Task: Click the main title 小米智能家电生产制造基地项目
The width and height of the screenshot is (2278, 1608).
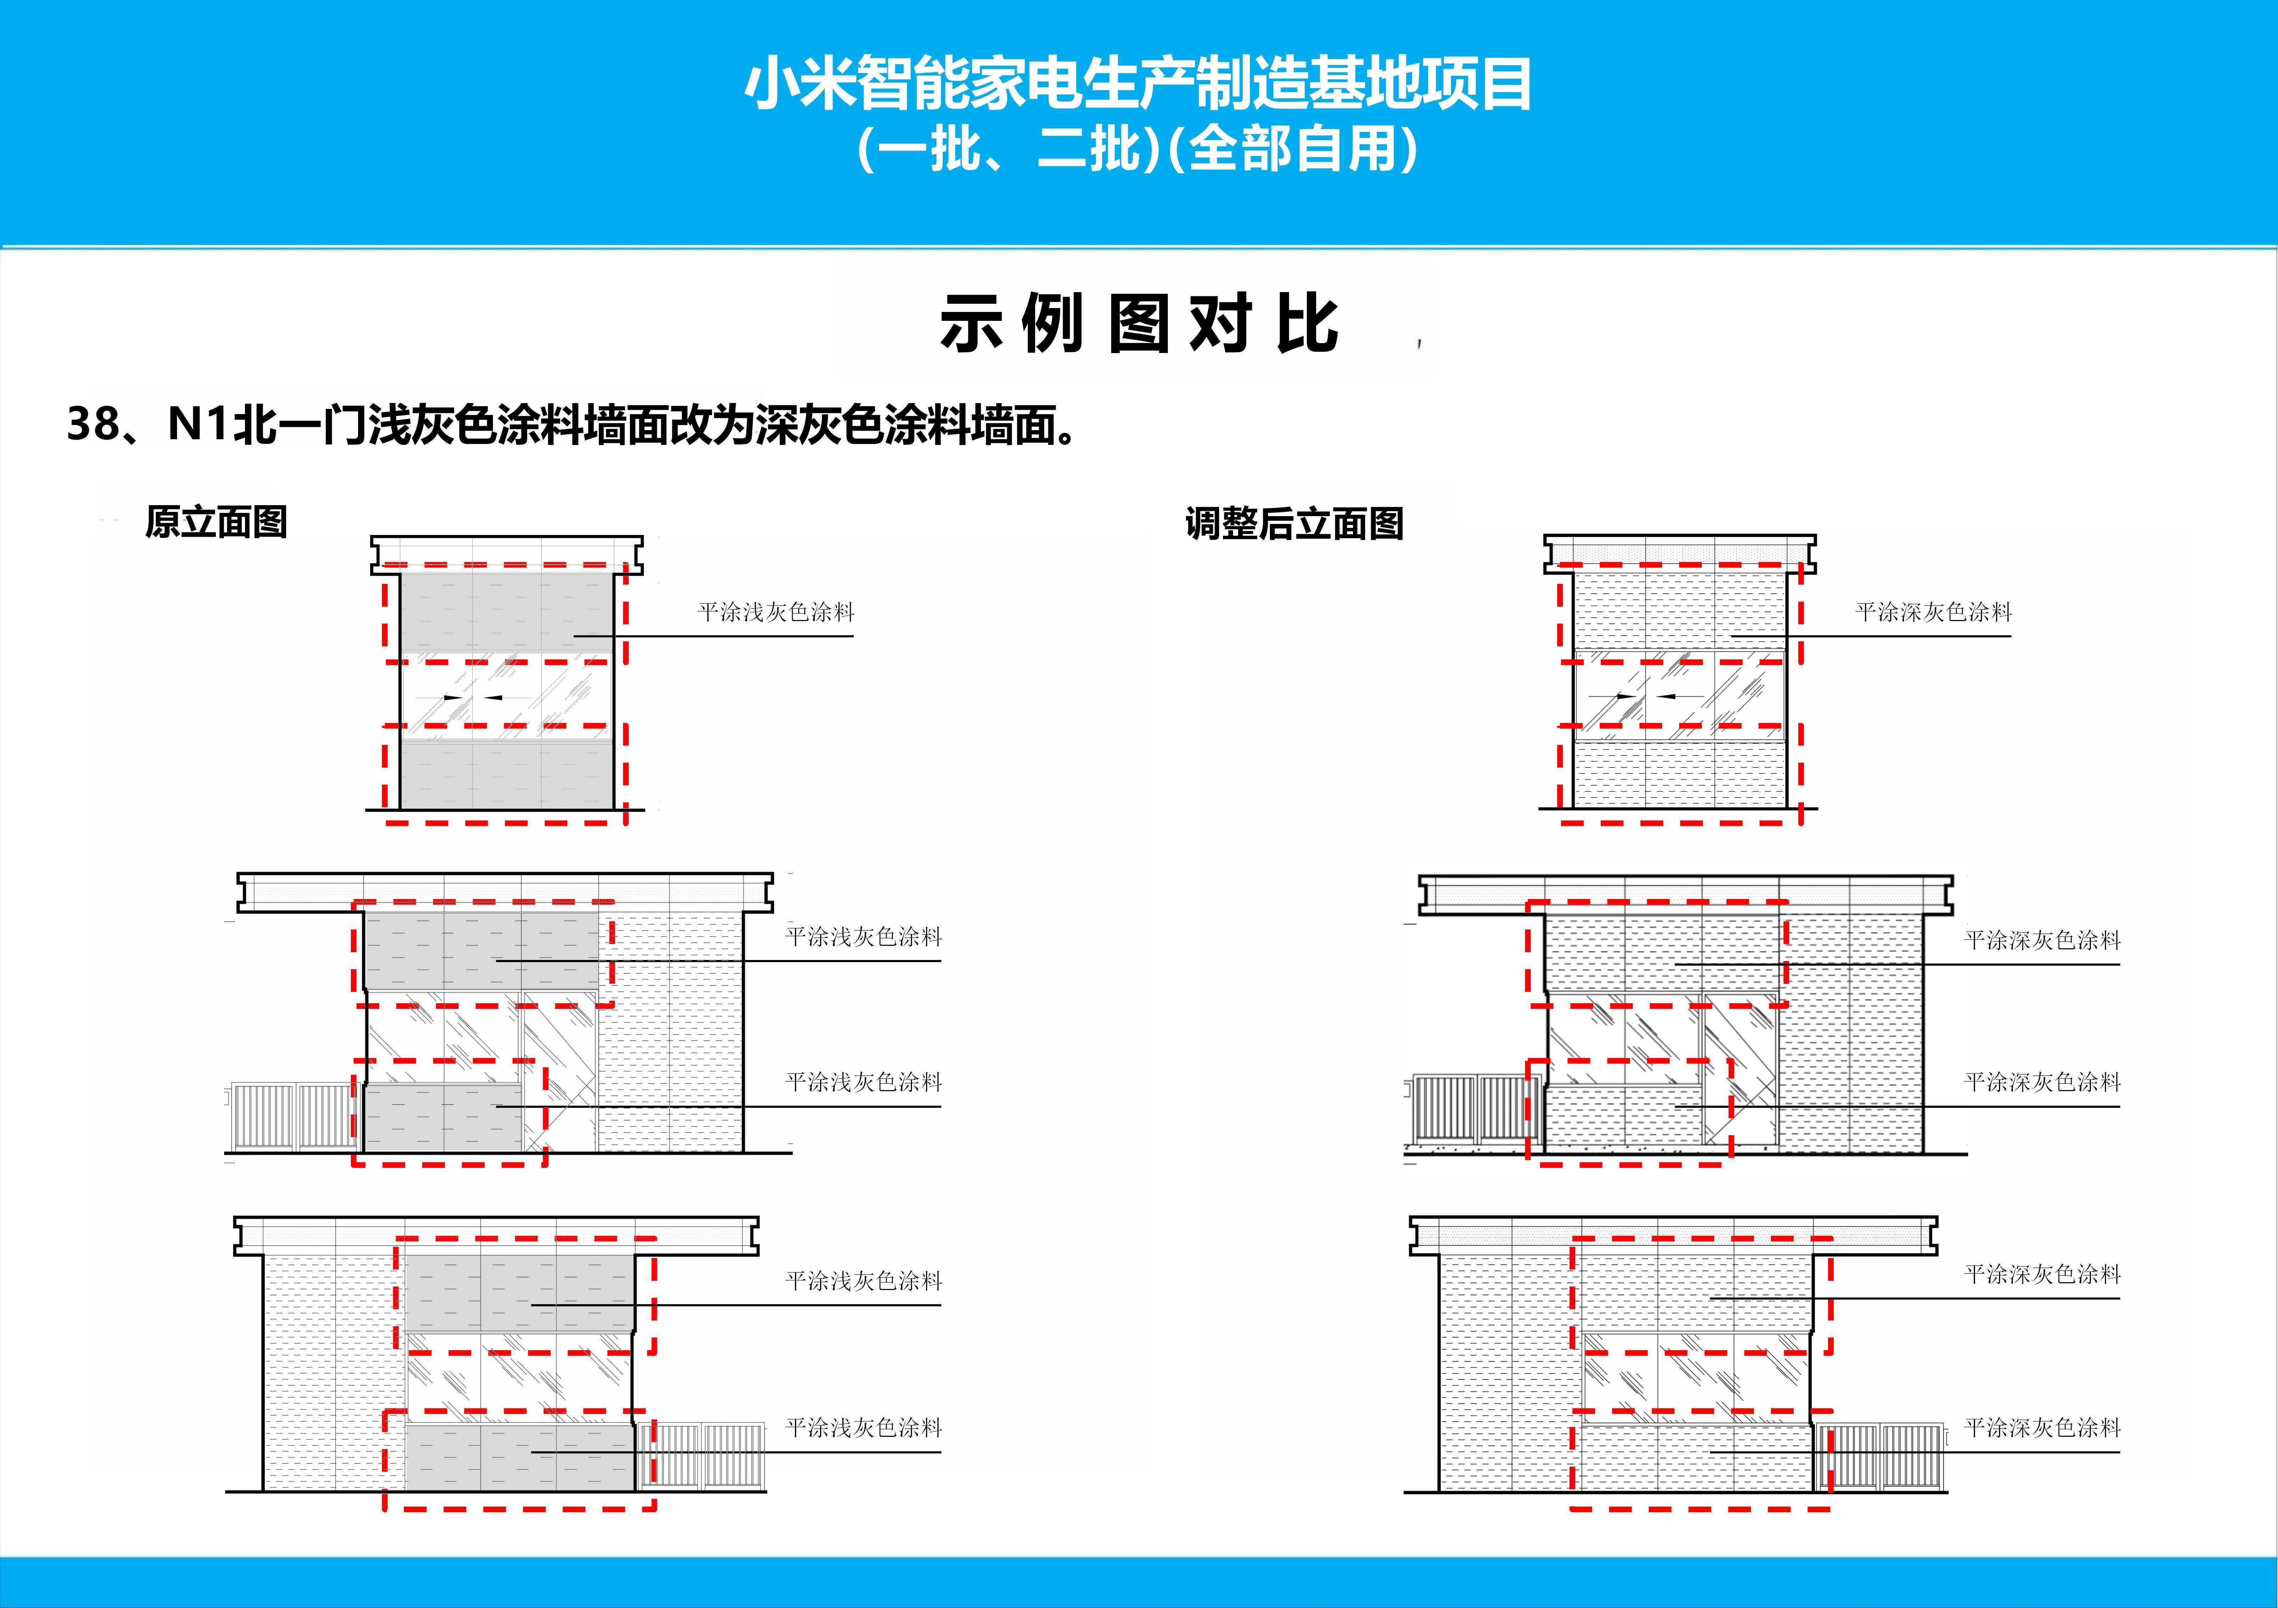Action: [x=1138, y=84]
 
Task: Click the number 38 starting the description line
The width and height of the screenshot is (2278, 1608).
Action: [x=92, y=425]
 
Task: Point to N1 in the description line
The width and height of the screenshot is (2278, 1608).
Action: [x=199, y=425]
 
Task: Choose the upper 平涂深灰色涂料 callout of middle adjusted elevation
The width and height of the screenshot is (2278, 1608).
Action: [x=2042, y=939]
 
